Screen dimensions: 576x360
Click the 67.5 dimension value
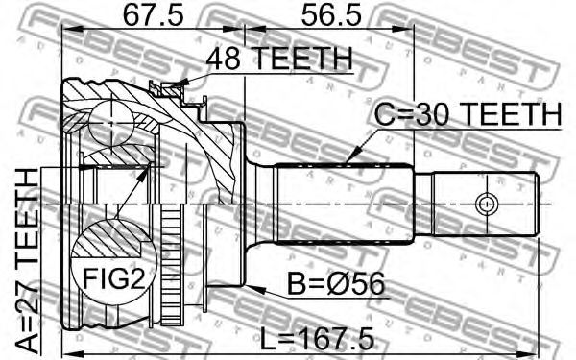(x=153, y=15)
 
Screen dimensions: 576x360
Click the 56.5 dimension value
(x=331, y=15)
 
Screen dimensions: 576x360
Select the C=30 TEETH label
(x=468, y=113)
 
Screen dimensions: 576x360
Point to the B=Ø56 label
(x=335, y=283)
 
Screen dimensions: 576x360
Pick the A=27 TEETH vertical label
(x=28, y=262)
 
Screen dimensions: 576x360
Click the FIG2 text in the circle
(x=113, y=278)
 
